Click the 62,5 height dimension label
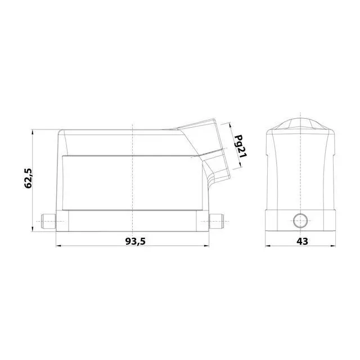click(x=29, y=178)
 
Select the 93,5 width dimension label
click(x=135, y=241)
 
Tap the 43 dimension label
click(x=302, y=241)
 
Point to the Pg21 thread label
click(x=240, y=146)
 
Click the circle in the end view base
click(x=300, y=220)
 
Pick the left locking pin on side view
click(x=48, y=221)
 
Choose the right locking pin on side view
click(x=217, y=221)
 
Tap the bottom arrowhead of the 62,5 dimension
click(x=33, y=229)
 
